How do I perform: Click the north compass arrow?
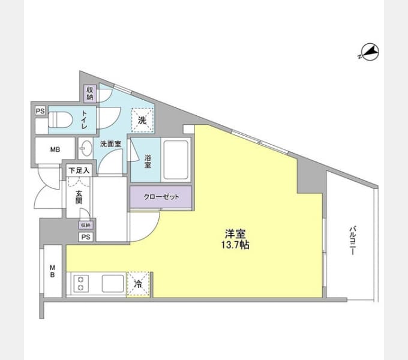point(369,53)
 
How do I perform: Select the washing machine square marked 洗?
point(142,120)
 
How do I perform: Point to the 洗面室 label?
point(110,144)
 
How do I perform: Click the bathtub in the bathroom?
point(175,159)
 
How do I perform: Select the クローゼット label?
point(161,197)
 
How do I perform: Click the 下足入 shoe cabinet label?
point(78,170)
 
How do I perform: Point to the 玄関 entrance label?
point(78,197)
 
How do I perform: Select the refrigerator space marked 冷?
point(138,284)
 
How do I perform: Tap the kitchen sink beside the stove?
point(113,283)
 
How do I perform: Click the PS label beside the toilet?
point(40,111)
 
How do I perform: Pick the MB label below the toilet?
point(55,149)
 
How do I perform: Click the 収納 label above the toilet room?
point(90,93)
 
